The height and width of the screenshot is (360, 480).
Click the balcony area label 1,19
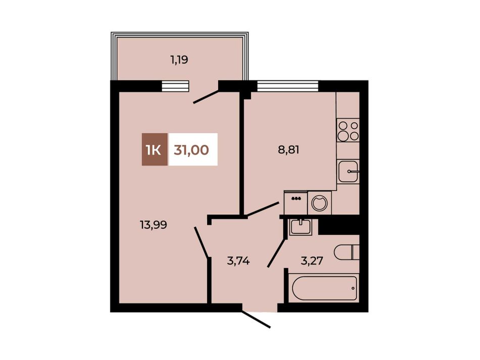point(179,60)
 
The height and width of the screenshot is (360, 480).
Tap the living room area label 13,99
point(154,225)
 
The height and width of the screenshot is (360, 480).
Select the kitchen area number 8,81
point(289,150)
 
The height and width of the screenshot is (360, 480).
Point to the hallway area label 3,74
point(238,261)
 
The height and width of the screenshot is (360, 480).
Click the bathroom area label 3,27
point(312,261)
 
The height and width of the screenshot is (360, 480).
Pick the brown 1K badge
point(155,149)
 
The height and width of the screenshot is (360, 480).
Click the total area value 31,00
point(191,150)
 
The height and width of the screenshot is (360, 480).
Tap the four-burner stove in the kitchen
point(348,131)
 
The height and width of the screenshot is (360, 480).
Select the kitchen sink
point(348,172)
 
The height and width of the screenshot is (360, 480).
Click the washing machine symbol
point(320,202)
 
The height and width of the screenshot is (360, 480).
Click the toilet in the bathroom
point(347,252)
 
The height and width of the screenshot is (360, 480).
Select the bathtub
point(324,288)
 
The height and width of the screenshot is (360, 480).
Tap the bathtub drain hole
point(353,288)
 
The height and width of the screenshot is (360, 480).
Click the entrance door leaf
point(257,320)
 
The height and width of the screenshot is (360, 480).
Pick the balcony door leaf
point(207,96)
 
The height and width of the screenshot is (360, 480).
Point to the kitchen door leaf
point(263,209)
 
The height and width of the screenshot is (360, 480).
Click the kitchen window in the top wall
point(288,86)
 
